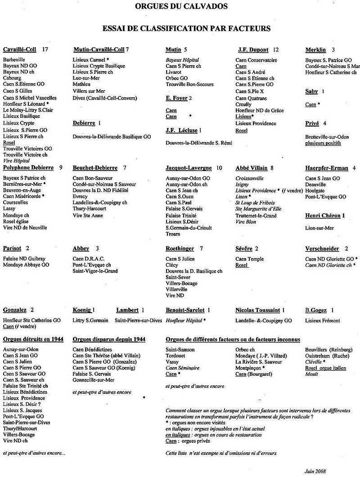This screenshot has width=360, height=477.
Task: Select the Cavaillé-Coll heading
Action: (x=20, y=49)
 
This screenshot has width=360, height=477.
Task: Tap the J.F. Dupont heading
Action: (x=253, y=49)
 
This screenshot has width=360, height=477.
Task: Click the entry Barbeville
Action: (x=14, y=60)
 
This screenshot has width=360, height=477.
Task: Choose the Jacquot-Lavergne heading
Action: (x=189, y=168)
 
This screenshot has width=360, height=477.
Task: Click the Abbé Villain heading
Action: (x=251, y=168)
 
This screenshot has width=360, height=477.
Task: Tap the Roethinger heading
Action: (x=180, y=248)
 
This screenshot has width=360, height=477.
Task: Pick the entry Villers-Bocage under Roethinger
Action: (x=181, y=283)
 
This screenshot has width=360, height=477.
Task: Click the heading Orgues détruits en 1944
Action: (x=33, y=339)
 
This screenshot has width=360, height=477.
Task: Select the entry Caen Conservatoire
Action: (x=256, y=60)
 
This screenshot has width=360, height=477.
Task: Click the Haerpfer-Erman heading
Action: (x=327, y=168)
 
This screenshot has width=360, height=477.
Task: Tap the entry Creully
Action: (x=243, y=104)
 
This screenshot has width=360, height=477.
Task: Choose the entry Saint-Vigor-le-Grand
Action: (x=95, y=271)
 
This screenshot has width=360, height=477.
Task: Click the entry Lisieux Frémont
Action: (x=323, y=320)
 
